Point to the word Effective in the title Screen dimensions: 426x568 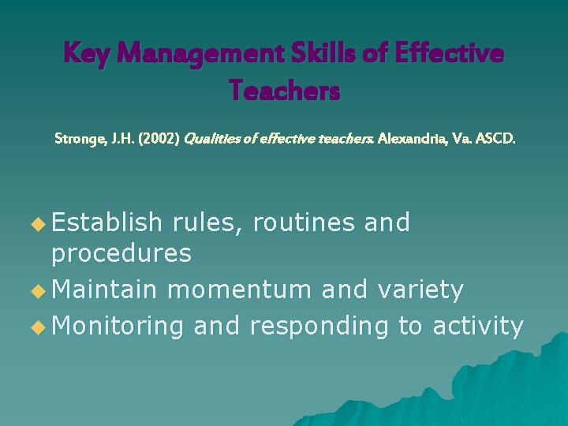tap(449, 54)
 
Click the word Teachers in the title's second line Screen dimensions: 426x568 tap(285, 92)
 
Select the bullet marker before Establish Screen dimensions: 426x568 tap(38, 225)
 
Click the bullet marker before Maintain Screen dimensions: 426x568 tap(38, 291)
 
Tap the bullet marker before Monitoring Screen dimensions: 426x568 tap(38, 327)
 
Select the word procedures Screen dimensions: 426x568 tap(121, 253)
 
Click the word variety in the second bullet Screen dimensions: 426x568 tap(420, 290)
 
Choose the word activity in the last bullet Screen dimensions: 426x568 tap(478, 326)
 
